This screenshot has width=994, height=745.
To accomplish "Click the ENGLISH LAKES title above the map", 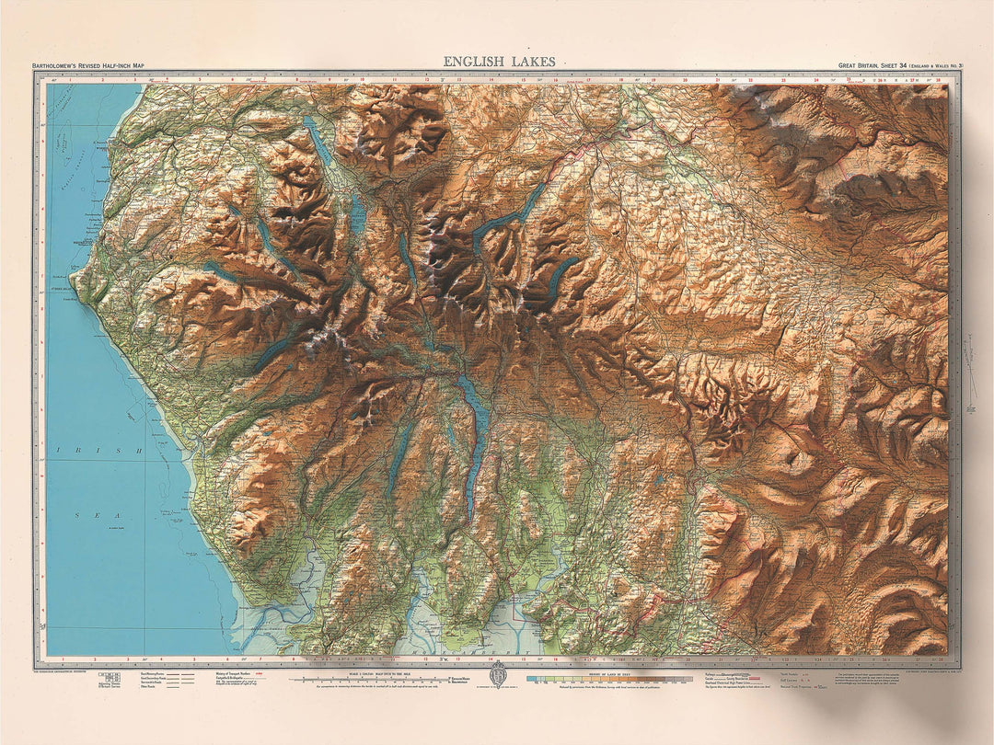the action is (x=499, y=62).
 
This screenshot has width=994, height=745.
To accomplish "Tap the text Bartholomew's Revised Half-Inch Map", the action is (x=88, y=66).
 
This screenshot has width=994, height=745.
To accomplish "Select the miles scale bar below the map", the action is (x=368, y=679).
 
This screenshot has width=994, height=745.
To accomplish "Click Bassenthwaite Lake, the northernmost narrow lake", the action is (x=319, y=143).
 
